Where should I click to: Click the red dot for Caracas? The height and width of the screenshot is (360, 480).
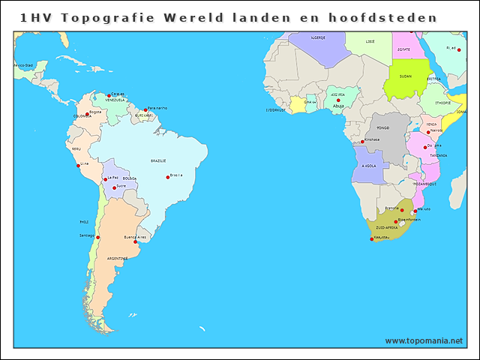coord(109,95)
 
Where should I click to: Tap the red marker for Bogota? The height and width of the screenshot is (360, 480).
coord(87,115)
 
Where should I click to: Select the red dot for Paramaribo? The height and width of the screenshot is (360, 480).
coord(145,110)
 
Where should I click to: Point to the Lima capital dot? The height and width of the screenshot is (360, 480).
coord(78,166)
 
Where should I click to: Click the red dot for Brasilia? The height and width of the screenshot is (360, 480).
coord(168,177)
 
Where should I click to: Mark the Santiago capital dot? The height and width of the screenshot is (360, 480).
coord(97,237)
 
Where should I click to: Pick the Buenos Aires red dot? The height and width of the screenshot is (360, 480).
coord(136,241)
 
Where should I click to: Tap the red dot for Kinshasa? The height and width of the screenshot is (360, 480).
coord(363,142)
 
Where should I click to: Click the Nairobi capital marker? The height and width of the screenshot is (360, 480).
coord(428,132)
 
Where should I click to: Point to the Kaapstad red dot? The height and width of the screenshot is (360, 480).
coord(371,239)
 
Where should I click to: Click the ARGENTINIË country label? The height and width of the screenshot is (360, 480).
coord(116,258)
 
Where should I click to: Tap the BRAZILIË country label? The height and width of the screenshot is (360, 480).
coord(158,160)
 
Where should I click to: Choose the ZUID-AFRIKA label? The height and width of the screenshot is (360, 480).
coord(387,226)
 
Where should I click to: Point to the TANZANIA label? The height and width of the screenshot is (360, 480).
coord(438,155)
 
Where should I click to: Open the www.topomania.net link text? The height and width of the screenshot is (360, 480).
coord(424,340)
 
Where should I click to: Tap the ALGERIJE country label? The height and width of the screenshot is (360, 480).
coord(317,37)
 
